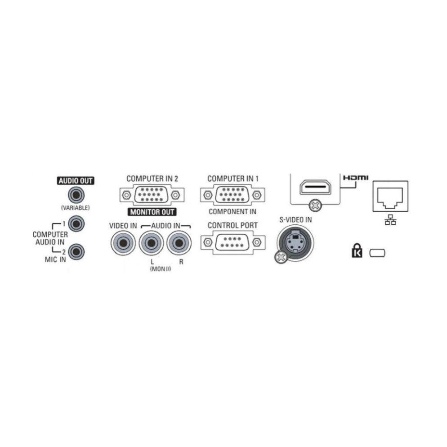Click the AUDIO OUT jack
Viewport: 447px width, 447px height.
tap(76, 195)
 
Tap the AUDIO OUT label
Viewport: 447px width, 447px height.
tap(76, 181)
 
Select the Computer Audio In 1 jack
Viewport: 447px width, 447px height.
tap(76, 224)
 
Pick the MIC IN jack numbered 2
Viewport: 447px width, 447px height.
tap(76, 252)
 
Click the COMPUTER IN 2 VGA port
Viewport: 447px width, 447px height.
tap(152, 195)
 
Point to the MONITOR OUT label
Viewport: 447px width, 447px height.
tap(152, 212)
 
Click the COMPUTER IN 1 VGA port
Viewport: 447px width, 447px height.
tap(232, 195)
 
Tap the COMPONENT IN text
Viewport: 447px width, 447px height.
tap(232, 212)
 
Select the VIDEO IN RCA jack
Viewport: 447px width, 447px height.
tap(123, 243)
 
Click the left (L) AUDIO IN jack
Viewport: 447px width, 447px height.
tap(152, 243)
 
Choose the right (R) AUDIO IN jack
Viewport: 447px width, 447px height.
tap(179, 243)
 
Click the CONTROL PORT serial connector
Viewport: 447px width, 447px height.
tap(232, 242)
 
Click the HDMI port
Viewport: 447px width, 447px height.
tap(315, 187)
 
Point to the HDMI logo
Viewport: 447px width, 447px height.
tap(356, 178)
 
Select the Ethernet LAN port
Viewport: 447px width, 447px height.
tap(390, 196)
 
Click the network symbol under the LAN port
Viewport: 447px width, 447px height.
tap(390, 219)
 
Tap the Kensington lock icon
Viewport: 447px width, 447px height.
tap(357, 250)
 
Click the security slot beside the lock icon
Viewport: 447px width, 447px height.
tap(377, 253)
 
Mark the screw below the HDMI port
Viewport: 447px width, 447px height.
tap(315, 205)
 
